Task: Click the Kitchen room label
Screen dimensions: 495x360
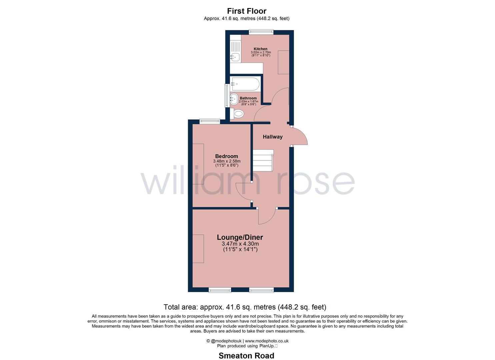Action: (x=260, y=49)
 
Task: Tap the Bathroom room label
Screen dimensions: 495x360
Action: (x=248, y=98)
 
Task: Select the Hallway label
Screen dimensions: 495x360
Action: (x=273, y=137)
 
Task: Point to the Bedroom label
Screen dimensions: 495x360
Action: (x=227, y=156)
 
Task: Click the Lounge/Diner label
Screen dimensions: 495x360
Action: (x=240, y=237)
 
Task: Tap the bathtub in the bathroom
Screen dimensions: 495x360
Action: (x=245, y=84)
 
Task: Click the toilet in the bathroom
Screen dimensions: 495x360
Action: (x=237, y=114)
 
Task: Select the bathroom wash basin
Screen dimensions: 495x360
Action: (x=234, y=99)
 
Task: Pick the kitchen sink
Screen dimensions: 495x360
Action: (x=235, y=57)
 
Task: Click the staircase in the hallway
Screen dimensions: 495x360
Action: (x=263, y=160)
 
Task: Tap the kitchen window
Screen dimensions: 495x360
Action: (x=261, y=32)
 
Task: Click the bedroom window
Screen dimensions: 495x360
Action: (x=210, y=121)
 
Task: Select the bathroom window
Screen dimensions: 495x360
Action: (x=227, y=96)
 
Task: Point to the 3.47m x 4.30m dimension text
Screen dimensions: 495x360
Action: (x=240, y=244)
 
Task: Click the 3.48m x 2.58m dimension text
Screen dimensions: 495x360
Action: (x=227, y=161)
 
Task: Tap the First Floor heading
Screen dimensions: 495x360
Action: (x=247, y=11)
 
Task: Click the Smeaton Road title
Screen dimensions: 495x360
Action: (x=246, y=356)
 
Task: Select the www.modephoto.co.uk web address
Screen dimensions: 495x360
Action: (x=267, y=341)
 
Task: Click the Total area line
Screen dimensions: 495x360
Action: (x=245, y=307)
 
